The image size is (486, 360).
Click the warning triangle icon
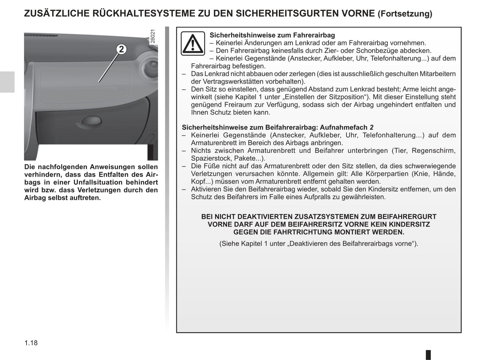point(193,44)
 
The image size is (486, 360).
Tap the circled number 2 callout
point(121,49)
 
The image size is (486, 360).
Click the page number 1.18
point(31,343)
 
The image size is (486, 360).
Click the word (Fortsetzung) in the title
point(405,14)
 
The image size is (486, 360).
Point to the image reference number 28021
point(153,36)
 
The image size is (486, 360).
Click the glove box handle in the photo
point(91,120)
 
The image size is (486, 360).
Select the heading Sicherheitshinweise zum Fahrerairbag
point(272,35)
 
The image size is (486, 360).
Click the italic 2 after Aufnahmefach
point(372,128)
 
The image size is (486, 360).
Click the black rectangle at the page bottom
point(428,355)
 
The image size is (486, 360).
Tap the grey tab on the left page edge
point(7,82)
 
